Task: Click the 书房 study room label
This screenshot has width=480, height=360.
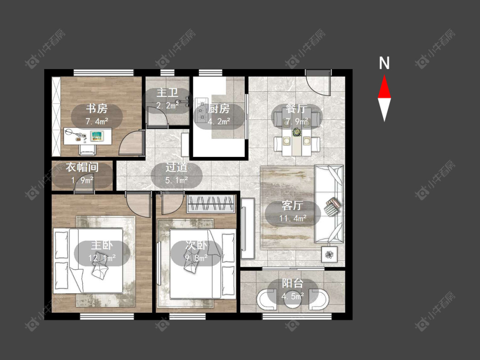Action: pyautogui.click(x=97, y=109)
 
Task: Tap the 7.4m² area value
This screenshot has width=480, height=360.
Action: pyautogui.click(x=97, y=122)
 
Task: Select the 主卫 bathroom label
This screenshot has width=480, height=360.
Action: pyautogui.click(x=167, y=93)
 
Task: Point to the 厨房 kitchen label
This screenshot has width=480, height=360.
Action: pyautogui.click(x=218, y=109)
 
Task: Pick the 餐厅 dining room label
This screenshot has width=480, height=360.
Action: pyautogui.click(x=297, y=109)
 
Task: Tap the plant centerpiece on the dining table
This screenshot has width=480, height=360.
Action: pyautogui.click(x=297, y=132)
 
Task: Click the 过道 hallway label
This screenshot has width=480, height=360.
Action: pyautogui.click(x=176, y=168)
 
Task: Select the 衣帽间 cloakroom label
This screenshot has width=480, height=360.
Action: pyautogui.click(x=82, y=167)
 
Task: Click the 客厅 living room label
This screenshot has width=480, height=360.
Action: pyautogui.click(x=293, y=206)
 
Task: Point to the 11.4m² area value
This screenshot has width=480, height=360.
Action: pyautogui.click(x=293, y=218)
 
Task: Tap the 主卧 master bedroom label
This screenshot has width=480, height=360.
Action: pyautogui.click(x=102, y=245)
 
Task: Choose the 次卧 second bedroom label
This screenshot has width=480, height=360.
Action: pyautogui.click(x=196, y=245)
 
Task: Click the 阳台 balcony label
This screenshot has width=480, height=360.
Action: pyautogui.click(x=293, y=283)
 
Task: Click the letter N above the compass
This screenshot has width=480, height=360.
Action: pyautogui.click(x=384, y=63)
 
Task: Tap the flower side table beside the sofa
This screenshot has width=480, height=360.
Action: pyautogui.click(x=329, y=254)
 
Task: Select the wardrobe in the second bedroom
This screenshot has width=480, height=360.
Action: pyautogui.click(x=211, y=203)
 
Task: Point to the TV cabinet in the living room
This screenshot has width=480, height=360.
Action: pyautogui.click(x=247, y=228)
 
